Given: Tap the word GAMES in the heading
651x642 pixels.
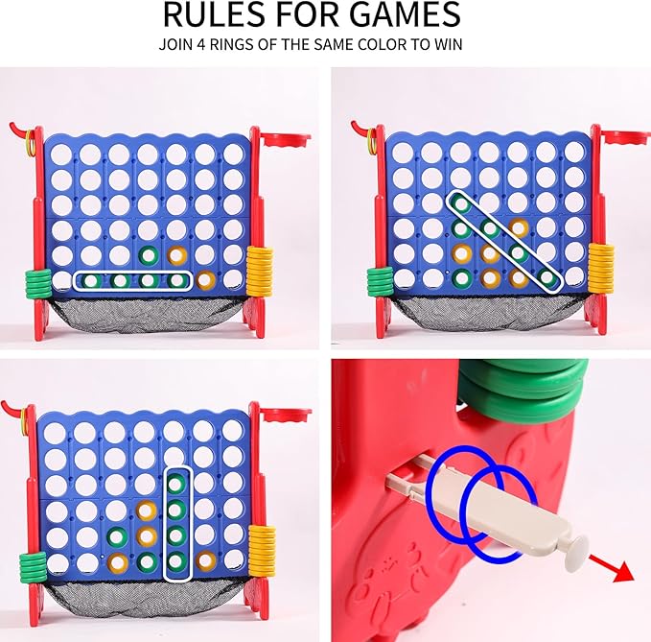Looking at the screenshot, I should click(403, 15).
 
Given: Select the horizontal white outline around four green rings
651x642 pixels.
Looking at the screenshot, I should click(132, 280).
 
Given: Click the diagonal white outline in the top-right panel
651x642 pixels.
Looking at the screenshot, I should click(504, 240).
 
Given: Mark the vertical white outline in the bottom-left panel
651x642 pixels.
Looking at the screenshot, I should click(175, 524).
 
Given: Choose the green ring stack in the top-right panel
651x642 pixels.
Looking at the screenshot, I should click(381, 280).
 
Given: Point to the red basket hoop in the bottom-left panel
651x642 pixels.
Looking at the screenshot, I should click(279, 416).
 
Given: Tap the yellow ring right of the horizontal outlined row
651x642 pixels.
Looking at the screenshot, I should click(205, 279).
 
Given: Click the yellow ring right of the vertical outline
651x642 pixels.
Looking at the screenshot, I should click(205, 559).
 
